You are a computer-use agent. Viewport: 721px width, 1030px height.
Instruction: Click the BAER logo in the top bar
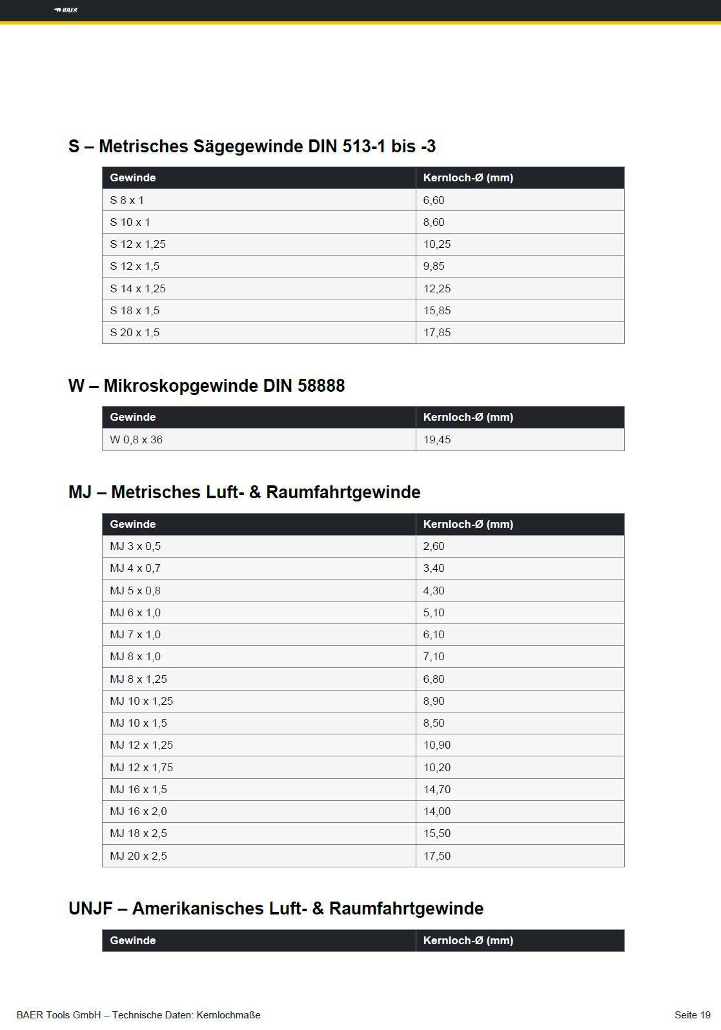coord(66,10)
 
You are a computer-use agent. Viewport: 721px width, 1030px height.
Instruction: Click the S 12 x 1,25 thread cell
coord(137,244)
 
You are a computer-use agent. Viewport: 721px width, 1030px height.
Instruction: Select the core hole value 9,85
coord(434,266)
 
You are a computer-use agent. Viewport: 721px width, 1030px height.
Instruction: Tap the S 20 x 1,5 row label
coord(134,332)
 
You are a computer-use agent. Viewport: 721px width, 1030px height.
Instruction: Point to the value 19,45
coord(437,439)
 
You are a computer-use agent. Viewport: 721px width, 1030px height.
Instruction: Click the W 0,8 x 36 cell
coord(136,439)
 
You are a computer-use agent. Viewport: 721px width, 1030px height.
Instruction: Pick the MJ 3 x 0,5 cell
coord(135,546)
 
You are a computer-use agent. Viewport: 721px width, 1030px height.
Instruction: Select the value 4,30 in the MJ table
coord(434,591)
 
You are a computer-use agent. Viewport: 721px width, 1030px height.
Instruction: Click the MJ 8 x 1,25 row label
coord(138,679)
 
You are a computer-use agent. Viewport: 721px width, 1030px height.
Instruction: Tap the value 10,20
coord(437,767)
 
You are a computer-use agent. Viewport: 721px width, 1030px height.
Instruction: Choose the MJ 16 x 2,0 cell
coord(138,811)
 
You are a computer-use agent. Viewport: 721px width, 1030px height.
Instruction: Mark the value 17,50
coord(437,856)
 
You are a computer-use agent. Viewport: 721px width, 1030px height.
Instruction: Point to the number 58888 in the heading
coord(321,386)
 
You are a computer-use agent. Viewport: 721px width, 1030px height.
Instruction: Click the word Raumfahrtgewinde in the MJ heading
coord(343,492)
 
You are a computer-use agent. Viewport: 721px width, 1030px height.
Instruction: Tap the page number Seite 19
coord(692,1015)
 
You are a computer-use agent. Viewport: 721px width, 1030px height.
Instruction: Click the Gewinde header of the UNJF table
coord(132,940)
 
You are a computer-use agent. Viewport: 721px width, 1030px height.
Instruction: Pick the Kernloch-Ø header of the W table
coord(468,417)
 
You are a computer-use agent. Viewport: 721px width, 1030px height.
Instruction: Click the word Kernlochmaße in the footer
coord(228,1015)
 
